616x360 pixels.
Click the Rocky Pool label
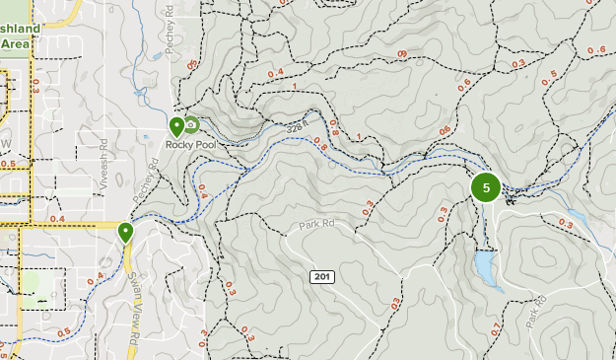coord(190,144)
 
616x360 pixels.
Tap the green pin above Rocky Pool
coord(176,126)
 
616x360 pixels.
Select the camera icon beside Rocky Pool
coord(191,124)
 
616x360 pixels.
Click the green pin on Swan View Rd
coord(125,233)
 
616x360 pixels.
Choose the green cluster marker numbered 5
coord(486,187)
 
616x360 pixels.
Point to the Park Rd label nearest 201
coord(317,226)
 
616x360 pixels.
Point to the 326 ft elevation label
coord(300,126)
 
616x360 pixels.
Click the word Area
coord(14,43)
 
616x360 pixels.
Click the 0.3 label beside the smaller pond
coord(566,225)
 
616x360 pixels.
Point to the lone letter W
coord(4,145)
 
